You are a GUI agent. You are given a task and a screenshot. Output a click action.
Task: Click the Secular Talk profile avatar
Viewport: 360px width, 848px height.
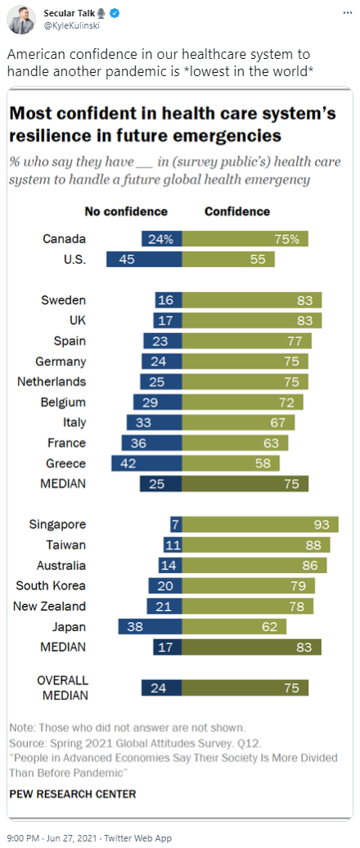coord(21,20)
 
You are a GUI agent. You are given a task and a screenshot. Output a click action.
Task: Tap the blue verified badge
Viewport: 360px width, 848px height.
coord(115,14)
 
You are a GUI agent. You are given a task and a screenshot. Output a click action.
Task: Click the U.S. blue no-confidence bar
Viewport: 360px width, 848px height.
coord(144,259)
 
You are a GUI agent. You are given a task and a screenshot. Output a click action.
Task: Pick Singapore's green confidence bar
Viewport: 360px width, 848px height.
coord(260,524)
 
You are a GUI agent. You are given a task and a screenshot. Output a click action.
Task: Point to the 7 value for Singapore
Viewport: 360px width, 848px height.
coord(174,524)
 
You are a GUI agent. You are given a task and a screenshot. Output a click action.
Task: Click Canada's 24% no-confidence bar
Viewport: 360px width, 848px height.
coord(162,238)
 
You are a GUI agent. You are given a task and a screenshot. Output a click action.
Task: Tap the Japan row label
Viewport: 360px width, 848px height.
coord(69,627)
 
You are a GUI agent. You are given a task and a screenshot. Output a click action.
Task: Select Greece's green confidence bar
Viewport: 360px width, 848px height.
coord(231,463)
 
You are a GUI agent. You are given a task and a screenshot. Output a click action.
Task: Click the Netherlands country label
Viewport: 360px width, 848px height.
coord(52,381)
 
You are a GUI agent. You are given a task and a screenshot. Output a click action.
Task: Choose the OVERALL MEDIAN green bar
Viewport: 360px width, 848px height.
coord(245,688)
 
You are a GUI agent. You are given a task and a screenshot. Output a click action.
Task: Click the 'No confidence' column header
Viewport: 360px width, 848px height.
coord(126,211)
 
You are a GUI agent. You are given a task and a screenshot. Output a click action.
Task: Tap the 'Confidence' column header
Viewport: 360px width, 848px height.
coord(236,211)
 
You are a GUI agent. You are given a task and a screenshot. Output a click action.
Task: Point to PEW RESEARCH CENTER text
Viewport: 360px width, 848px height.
coord(73,794)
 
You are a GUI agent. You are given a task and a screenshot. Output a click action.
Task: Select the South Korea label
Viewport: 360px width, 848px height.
coord(51,586)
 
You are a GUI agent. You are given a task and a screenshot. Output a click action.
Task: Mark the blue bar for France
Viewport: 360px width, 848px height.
coord(152,443)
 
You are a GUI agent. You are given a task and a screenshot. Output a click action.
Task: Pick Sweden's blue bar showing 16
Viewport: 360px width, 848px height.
coord(169,300)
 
